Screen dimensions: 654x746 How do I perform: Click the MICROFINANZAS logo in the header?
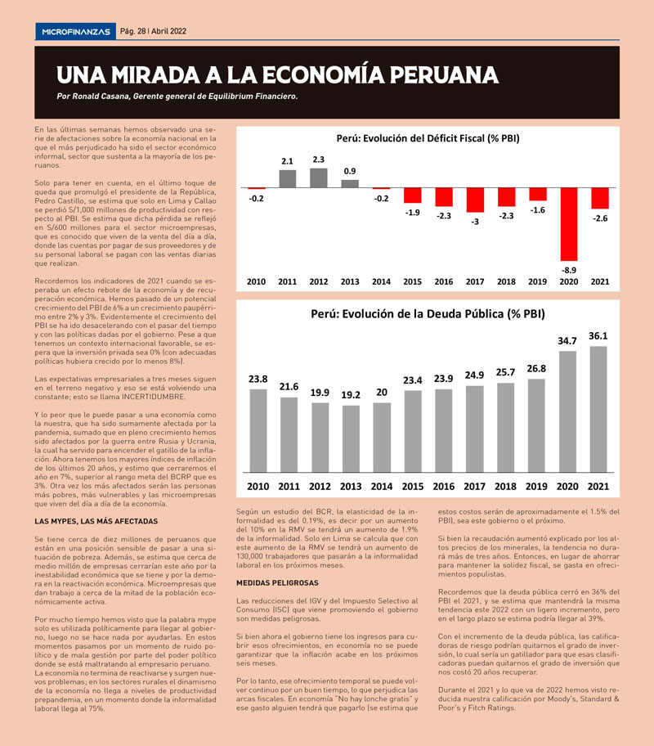pyautogui.click(x=76, y=31)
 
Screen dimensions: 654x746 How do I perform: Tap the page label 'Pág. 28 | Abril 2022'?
pyautogui.click(x=153, y=31)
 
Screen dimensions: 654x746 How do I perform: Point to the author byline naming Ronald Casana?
pyautogui.click(x=177, y=96)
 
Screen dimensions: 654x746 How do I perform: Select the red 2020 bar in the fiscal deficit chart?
pyautogui.click(x=569, y=224)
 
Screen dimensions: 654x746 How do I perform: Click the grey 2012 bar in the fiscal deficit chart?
pyautogui.click(x=318, y=178)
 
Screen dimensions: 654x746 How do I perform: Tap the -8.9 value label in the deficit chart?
pyautogui.click(x=569, y=270)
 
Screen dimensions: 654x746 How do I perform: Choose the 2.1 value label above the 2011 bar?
pyautogui.click(x=287, y=161)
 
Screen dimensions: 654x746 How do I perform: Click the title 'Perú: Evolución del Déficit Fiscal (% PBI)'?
pyautogui.click(x=428, y=138)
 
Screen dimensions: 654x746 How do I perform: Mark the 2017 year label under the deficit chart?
pyautogui.click(x=475, y=281)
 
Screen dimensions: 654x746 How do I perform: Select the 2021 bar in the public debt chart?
pyautogui.click(x=598, y=409)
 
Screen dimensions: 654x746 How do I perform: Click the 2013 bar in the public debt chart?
pyautogui.click(x=351, y=438)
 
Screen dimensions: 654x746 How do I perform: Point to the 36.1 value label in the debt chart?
pyautogui.click(x=598, y=336)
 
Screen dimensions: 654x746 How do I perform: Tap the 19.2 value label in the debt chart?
pyautogui.click(x=351, y=395)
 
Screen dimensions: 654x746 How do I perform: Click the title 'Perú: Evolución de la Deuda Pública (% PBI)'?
pyautogui.click(x=428, y=314)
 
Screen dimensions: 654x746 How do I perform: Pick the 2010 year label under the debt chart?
pyautogui.click(x=258, y=486)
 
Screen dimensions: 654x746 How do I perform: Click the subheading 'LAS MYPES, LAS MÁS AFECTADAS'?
pyautogui.click(x=96, y=521)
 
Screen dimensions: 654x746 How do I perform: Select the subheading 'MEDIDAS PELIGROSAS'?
pyautogui.click(x=277, y=582)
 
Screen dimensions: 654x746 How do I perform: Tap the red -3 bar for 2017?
pyautogui.click(x=475, y=200)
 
